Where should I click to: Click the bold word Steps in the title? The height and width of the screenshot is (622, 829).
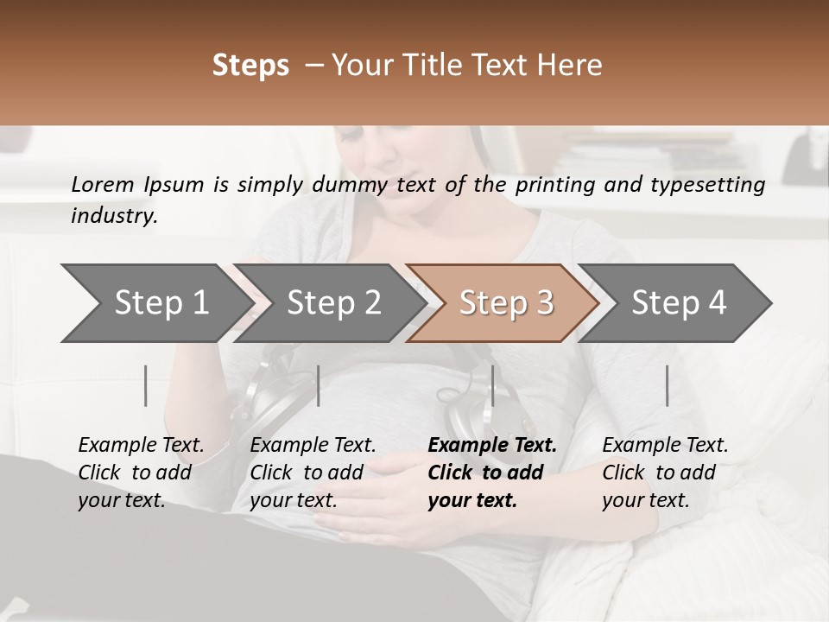(x=250, y=66)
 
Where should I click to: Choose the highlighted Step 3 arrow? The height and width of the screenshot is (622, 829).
(x=505, y=303)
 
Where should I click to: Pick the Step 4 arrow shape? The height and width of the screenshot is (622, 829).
(x=679, y=303)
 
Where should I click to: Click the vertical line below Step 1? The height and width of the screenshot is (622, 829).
(x=146, y=385)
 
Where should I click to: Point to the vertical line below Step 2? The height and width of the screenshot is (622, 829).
(x=319, y=385)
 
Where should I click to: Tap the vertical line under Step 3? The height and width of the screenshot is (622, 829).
(x=492, y=385)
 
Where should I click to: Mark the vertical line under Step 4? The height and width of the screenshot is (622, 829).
(x=668, y=385)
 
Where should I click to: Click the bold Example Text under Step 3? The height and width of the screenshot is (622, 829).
(x=492, y=446)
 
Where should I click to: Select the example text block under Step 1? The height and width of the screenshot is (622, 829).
(x=141, y=473)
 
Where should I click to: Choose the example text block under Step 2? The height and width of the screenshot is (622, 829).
(x=313, y=473)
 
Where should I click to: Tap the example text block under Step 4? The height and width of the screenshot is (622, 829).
(x=665, y=473)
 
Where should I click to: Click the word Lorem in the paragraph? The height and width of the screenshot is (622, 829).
(x=103, y=184)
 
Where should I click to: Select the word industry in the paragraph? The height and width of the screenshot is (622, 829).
(x=114, y=216)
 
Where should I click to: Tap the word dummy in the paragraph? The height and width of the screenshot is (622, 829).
(x=359, y=184)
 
